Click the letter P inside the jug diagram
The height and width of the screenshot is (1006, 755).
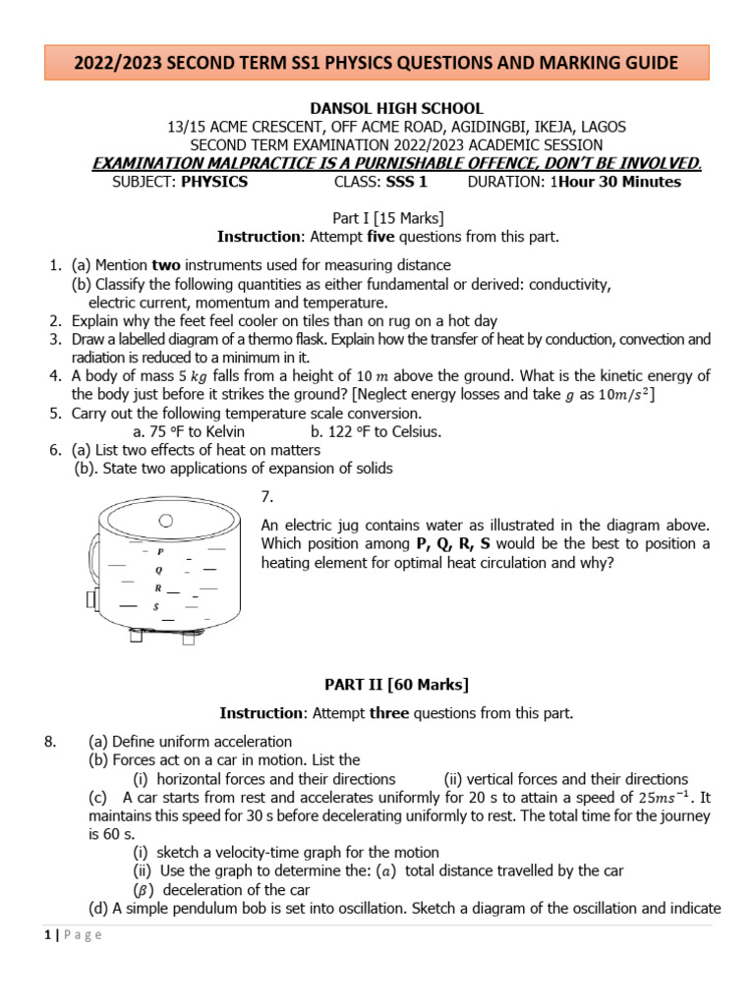[160, 552]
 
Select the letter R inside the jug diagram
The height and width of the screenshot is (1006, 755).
[157, 587]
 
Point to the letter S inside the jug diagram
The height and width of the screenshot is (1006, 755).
[155, 606]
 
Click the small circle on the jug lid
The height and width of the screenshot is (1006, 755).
[168, 519]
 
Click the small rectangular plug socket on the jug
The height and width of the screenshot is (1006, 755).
[91, 599]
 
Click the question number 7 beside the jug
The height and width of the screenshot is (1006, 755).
[267, 498]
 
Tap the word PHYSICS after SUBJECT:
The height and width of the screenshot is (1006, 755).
[214, 182]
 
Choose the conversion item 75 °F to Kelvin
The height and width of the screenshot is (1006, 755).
[189, 431]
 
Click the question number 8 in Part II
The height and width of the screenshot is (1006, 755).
[52, 741]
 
